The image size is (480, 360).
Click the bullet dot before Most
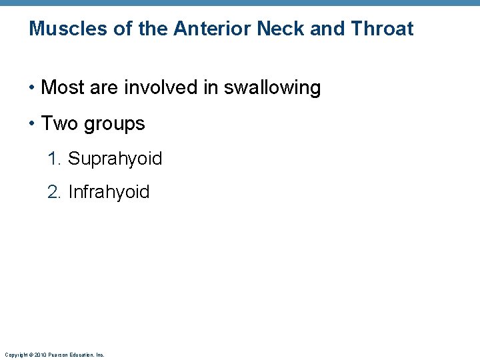click(x=32, y=88)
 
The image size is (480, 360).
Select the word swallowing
click(x=272, y=88)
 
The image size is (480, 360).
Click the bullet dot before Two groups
click(x=32, y=124)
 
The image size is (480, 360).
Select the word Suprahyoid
click(x=115, y=159)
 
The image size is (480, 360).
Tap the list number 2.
click(x=54, y=192)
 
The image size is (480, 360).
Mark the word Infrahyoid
click(x=109, y=193)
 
